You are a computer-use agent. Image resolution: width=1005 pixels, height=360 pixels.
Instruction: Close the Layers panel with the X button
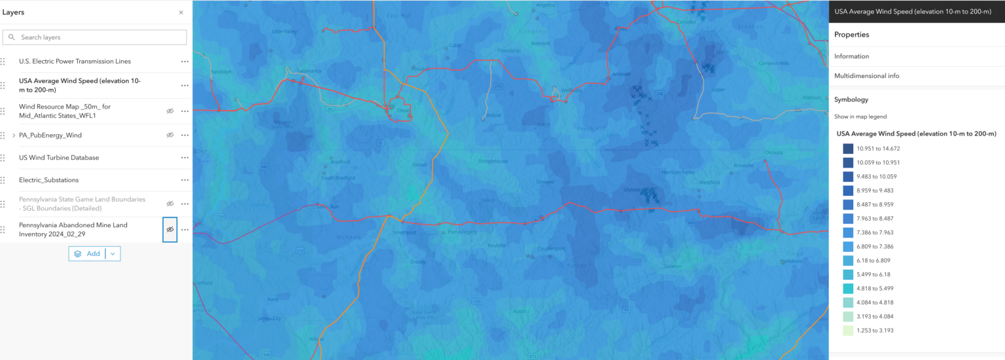(181, 12)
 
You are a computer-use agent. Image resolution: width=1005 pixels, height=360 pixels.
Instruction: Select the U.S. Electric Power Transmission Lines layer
(75, 62)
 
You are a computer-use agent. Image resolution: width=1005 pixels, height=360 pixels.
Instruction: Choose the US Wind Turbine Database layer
(59, 158)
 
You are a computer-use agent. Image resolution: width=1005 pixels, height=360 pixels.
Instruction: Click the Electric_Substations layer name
(48, 180)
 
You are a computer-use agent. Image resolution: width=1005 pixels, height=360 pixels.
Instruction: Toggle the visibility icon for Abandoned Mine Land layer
(170, 230)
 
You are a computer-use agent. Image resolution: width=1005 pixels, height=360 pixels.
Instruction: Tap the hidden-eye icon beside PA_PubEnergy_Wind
(170, 135)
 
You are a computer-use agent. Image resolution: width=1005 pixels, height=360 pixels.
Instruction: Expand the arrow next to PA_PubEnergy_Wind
(13, 135)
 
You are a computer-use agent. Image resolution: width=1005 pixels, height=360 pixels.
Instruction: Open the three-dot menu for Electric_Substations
(185, 180)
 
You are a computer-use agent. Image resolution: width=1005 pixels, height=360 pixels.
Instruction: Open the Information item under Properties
(851, 56)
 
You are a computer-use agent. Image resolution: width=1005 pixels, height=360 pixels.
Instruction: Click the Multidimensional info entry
(866, 76)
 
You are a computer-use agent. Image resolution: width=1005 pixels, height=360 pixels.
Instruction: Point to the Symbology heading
(851, 99)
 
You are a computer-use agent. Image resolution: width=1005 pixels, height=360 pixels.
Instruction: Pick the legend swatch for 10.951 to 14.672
(848, 149)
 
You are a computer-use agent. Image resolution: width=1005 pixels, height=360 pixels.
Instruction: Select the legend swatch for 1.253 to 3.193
(848, 331)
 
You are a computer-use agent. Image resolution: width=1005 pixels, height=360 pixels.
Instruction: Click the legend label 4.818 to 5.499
(875, 289)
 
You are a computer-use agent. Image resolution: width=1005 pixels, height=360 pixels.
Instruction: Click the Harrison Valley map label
(677, 172)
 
